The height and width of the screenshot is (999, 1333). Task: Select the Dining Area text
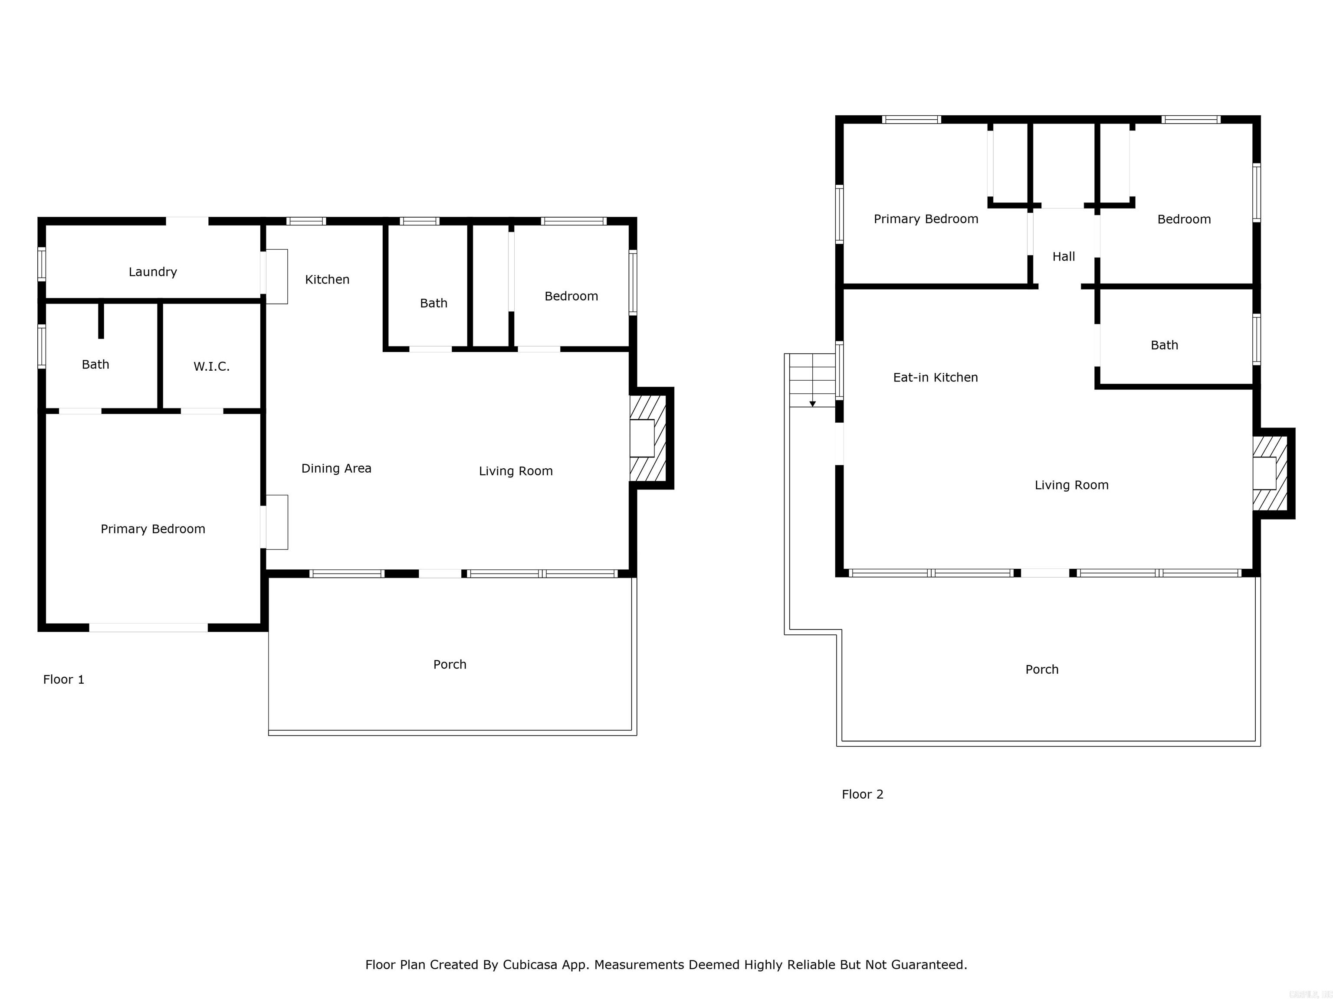pos(336,468)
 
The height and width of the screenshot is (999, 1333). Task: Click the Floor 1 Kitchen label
pos(327,279)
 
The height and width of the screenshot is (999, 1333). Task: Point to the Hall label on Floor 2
pos(1063,257)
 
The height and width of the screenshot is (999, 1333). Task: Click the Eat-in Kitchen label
pos(935,378)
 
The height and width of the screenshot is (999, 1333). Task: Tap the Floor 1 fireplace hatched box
pos(648,438)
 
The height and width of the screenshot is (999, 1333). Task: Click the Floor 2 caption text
pos(862,794)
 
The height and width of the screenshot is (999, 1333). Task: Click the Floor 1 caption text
pos(63,679)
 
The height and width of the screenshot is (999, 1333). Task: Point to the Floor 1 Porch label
pos(450,664)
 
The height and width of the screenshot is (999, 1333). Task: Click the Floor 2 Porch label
pos(1041,669)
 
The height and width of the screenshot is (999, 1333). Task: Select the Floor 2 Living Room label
pos(1071,485)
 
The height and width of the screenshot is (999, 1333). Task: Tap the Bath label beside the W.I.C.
pos(95,364)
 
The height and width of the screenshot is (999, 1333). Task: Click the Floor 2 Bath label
pos(1164,345)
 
